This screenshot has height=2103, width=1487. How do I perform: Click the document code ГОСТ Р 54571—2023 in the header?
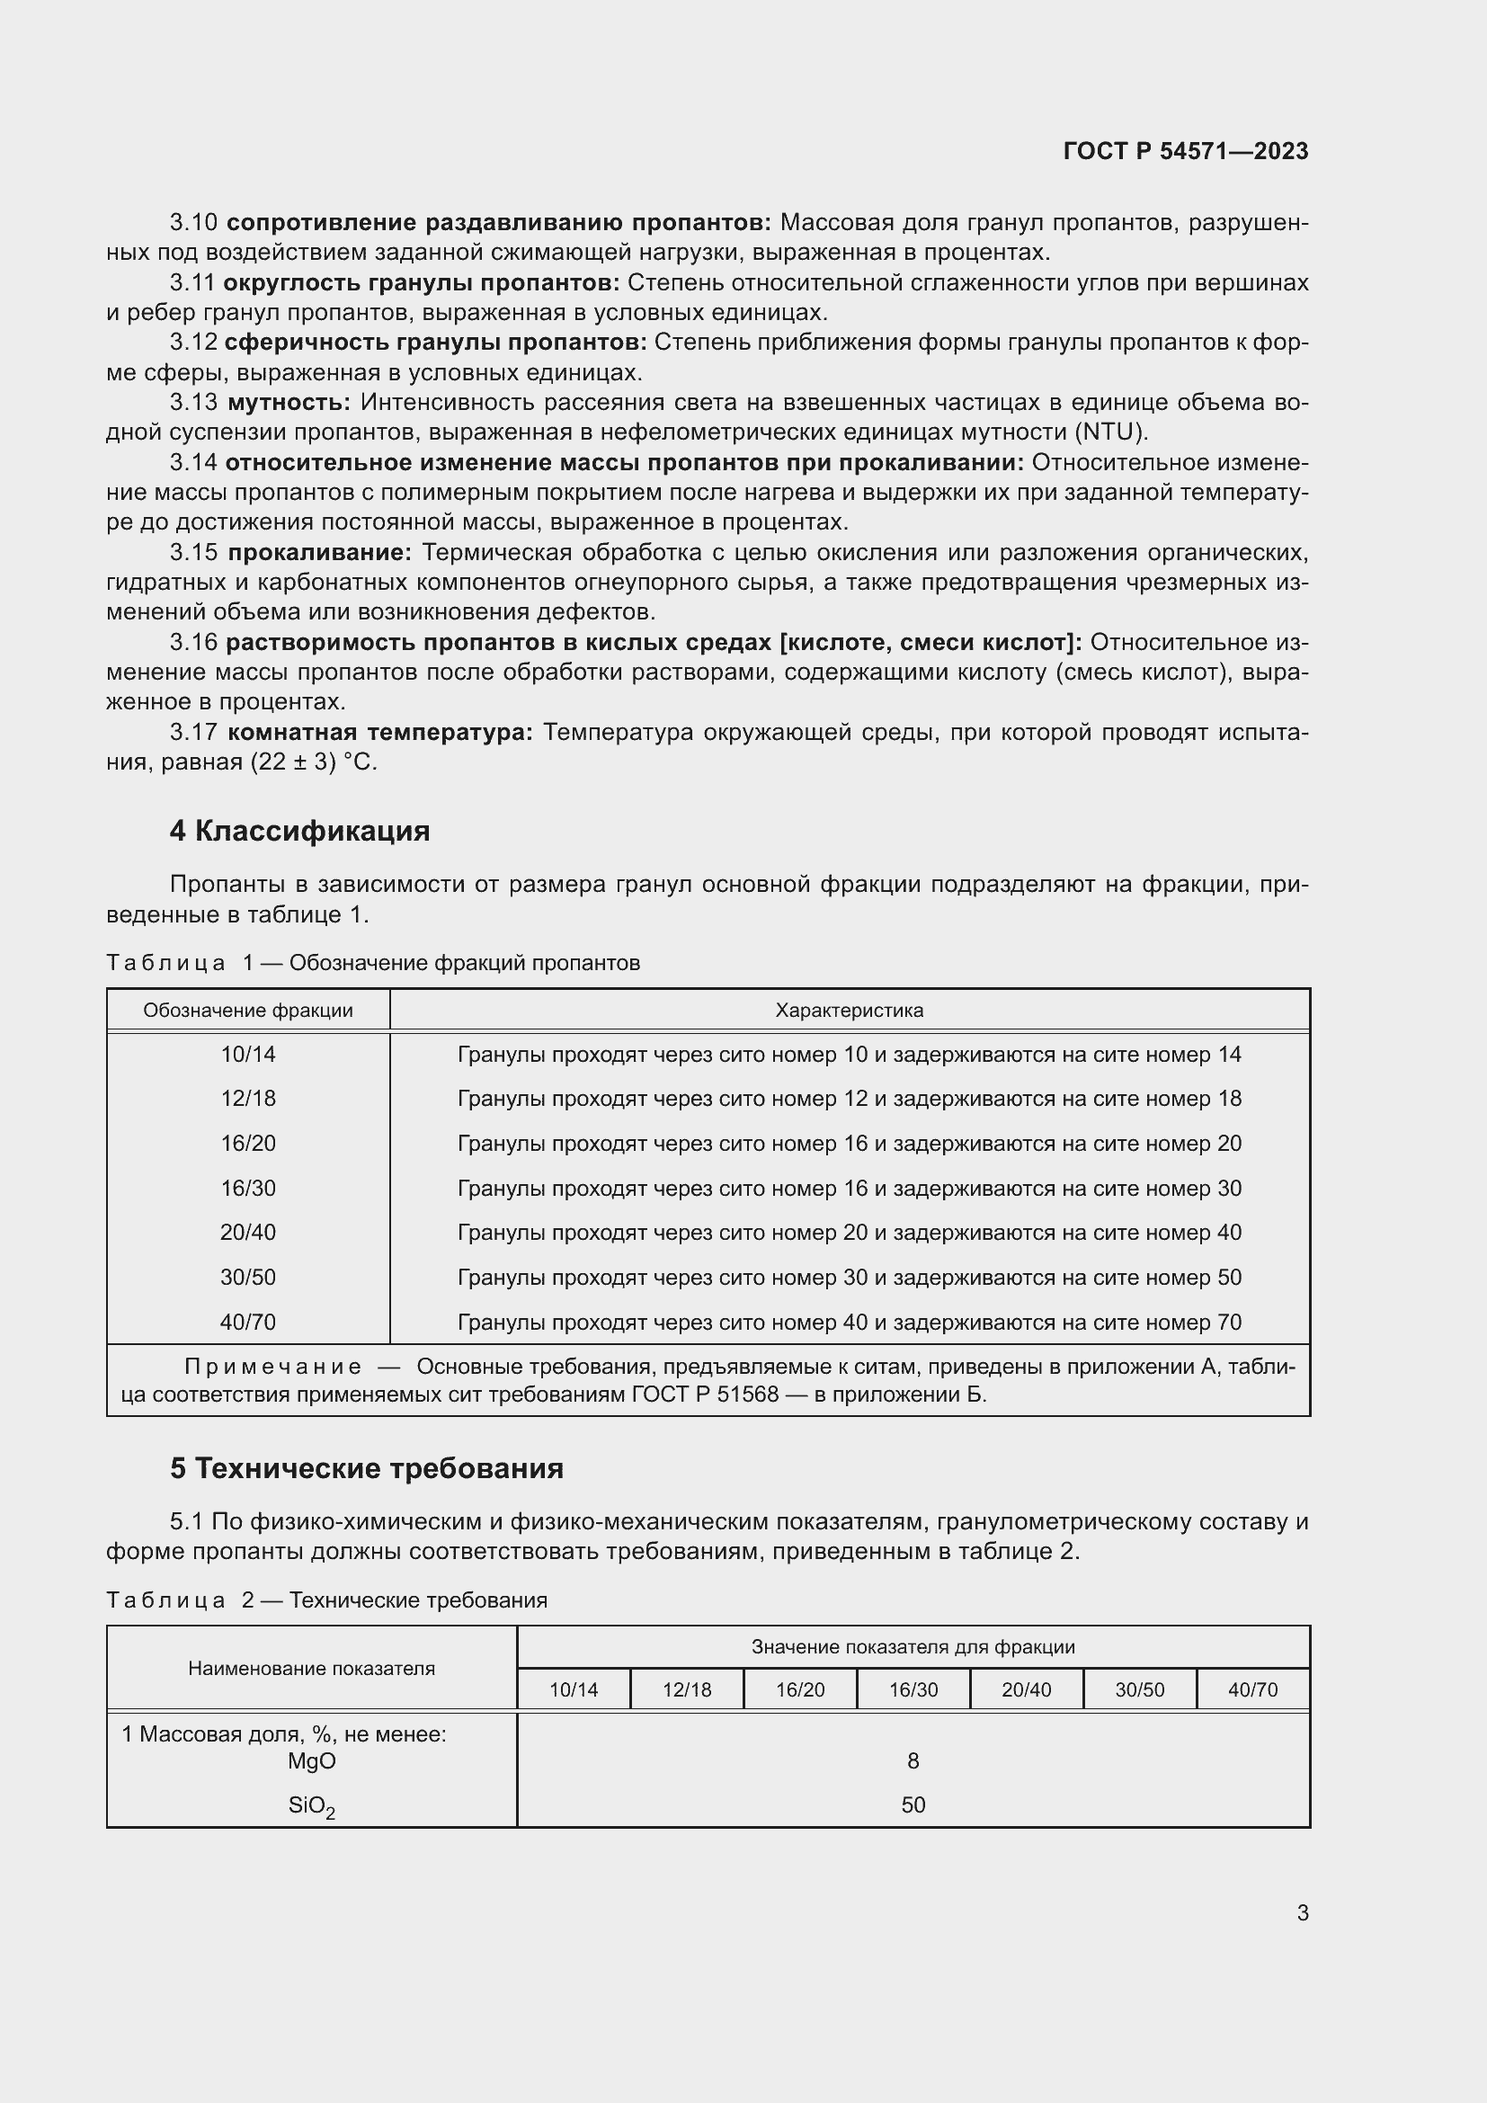pyautogui.click(x=1185, y=151)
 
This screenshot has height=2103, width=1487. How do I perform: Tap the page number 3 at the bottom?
pyautogui.click(x=1302, y=1912)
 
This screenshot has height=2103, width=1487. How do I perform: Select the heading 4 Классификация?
pyautogui.click(x=299, y=831)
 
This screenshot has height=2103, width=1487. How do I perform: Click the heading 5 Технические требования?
pyautogui.click(x=366, y=1468)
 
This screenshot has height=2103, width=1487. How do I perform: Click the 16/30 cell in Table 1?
pyautogui.click(x=247, y=1188)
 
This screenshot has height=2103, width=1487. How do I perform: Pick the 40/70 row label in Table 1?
pyautogui.click(x=247, y=1322)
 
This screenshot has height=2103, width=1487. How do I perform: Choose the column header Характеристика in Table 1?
pyautogui.click(x=849, y=1011)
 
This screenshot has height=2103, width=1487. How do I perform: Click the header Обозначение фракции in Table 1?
pyautogui.click(x=247, y=1011)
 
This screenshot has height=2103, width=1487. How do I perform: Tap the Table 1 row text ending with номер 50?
pyautogui.click(x=849, y=1277)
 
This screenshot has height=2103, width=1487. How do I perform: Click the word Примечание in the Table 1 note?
pyautogui.click(x=272, y=1367)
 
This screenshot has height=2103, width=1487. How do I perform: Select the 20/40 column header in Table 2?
pyautogui.click(x=1026, y=1690)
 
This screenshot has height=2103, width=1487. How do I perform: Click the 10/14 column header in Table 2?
pyautogui.click(x=574, y=1690)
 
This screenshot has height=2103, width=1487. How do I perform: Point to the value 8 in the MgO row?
pyautogui.click(x=912, y=1760)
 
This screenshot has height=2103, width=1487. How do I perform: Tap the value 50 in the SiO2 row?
pyautogui.click(x=912, y=1804)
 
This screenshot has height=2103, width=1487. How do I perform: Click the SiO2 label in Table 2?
pyautogui.click(x=310, y=1805)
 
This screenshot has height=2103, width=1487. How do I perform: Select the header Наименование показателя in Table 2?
pyautogui.click(x=311, y=1668)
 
